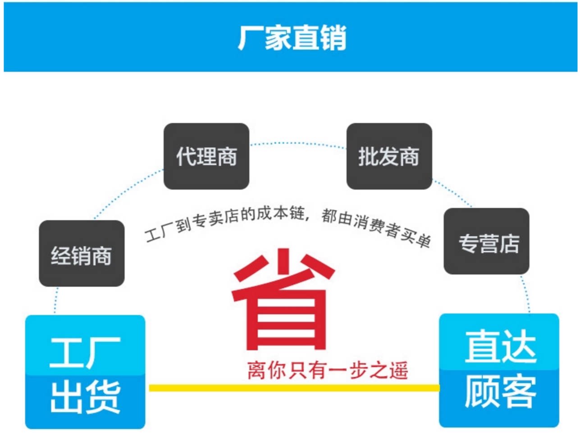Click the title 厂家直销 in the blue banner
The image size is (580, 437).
pyautogui.click(x=292, y=37)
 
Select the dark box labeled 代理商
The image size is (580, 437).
pyautogui.click(x=206, y=156)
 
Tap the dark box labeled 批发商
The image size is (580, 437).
pyautogui.click(x=389, y=156)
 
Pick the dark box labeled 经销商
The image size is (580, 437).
pyautogui.click(x=82, y=254)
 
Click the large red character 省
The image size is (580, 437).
pyautogui.click(x=283, y=300)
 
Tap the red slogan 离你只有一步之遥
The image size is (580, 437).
pyautogui.click(x=328, y=371)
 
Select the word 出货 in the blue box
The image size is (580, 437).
pyautogui.click(x=85, y=397)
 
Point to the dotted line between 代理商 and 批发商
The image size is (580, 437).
pyautogui.click(x=297, y=143)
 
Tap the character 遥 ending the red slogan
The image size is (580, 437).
pyautogui.click(x=398, y=371)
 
